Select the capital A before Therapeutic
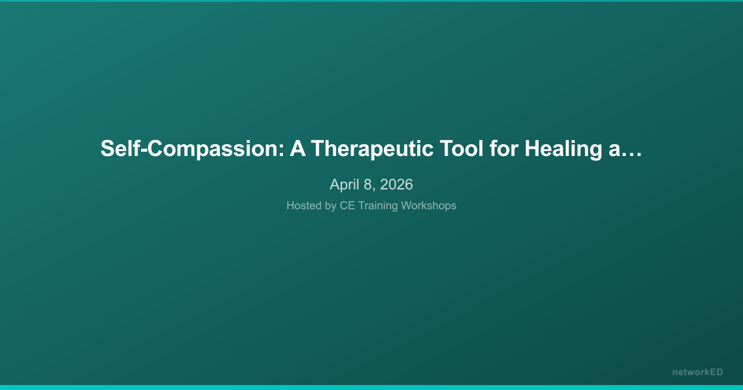click(300, 149)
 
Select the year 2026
click(396, 184)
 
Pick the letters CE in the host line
click(347, 206)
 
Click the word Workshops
click(428, 206)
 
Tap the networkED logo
click(697, 372)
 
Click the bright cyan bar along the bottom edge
click(371, 387)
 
